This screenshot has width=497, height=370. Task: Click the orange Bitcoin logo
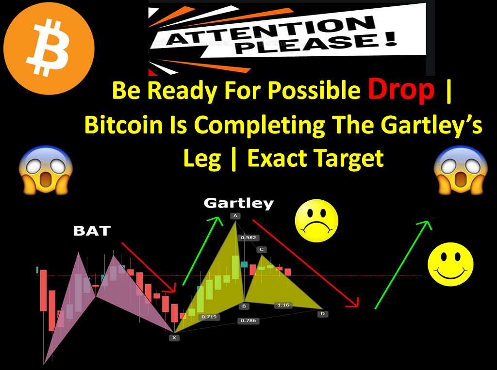pyautogui.click(x=49, y=48)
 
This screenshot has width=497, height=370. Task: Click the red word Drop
pyautogui.click(x=401, y=90)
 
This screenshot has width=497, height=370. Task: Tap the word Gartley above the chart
pyautogui.click(x=239, y=203)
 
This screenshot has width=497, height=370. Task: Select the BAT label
pyautogui.click(x=92, y=231)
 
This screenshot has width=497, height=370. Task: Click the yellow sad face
pyautogui.click(x=316, y=221)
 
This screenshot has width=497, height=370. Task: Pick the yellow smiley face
pyautogui.click(x=450, y=264)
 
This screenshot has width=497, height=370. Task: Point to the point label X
pyautogui.click(x=174, y=338)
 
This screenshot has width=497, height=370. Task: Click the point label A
pyautogui.click(x=235, y=216)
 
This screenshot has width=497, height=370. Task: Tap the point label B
pyautogui.click(x=244, y=306)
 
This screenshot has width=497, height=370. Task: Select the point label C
pyautogui.click(x=262, y=250)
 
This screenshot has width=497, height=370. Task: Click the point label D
pyautogui.click(x=322, y=314)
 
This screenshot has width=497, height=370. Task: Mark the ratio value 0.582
pyautogui.click(x=248, y=238)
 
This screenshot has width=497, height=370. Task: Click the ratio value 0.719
pyautogui.click(x=209, y=317)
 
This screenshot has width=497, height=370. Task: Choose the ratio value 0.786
pyautogui.click(x=248, y=321)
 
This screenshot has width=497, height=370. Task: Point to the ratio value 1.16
pyautogui.click(x=283, y=305)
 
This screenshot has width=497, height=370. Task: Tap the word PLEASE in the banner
pyautogui.click(x=315, y=43)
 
